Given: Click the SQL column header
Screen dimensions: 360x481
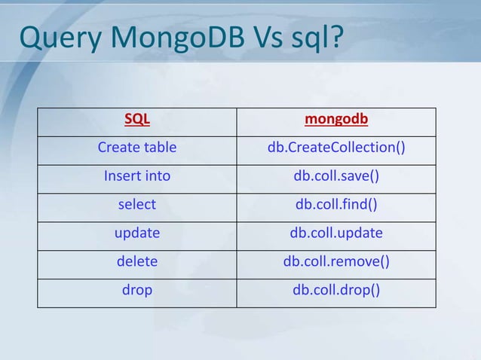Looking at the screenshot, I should (137, 119).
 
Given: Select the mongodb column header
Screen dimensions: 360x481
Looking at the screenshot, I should (336, 119).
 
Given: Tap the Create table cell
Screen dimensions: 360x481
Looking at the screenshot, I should (137, 148).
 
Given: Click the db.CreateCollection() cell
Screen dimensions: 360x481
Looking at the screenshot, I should (336, 148).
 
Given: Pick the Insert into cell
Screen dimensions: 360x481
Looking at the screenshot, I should (137, 176).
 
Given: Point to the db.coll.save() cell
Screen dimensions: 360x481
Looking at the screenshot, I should (336, 176).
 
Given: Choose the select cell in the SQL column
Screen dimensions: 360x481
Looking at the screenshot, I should (137, 205).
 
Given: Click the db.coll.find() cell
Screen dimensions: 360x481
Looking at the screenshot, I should (336, 205).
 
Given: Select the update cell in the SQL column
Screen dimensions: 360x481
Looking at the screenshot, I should (137, 233).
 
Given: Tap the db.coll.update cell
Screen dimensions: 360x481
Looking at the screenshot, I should (336, 233).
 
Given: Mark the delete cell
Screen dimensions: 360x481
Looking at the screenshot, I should (137, 262).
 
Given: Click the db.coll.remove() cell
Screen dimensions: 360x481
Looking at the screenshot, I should (336, 262).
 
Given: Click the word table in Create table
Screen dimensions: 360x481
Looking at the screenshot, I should (158, 148).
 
